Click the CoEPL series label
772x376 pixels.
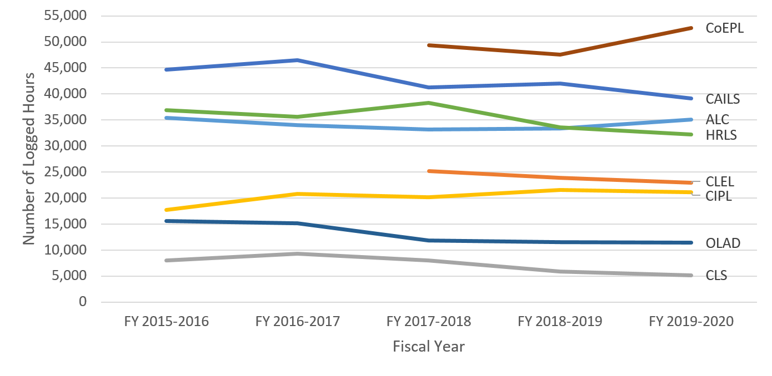(724, 28)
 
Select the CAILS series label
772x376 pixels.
(723, 99)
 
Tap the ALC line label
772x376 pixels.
(717, 120)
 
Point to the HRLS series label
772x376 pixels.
(721, 135)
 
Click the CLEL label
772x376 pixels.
(720, 181)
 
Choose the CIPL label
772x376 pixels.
(719, 196)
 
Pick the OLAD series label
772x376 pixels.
(723, 243)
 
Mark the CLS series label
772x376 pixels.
(716, 276)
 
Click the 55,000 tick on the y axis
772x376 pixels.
(67, 16)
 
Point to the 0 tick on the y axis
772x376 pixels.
(83, 302)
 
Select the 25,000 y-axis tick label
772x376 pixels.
(67, 172)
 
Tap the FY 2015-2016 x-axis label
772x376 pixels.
(167, 322)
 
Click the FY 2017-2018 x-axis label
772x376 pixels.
(429, 322)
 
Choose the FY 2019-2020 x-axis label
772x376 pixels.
(691, 322)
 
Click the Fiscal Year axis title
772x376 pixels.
(429, 347)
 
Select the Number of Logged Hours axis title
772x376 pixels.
(29, 159)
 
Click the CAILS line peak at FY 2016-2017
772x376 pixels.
(298, 60)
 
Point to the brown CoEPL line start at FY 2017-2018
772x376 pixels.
(429, 45)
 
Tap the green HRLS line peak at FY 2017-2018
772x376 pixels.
(429, 103)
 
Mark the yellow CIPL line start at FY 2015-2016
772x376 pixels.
(167, 210)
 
